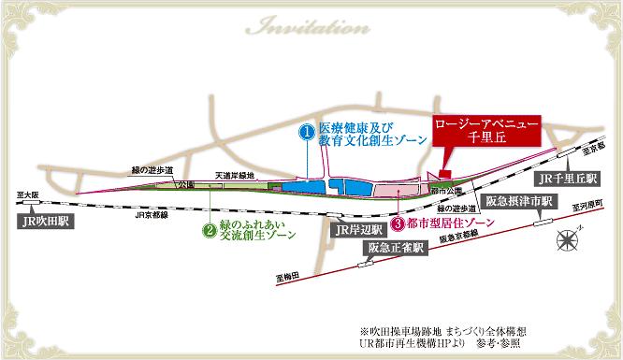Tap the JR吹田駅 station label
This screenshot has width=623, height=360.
click(50, 223)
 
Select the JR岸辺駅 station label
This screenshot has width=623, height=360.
click(357, 229)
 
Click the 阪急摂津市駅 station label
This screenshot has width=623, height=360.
click(521, 201)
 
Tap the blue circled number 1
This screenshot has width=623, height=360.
click(305, 133)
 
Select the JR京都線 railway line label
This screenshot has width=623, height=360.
click(152, 214)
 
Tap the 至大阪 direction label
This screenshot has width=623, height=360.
click(25, 194)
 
